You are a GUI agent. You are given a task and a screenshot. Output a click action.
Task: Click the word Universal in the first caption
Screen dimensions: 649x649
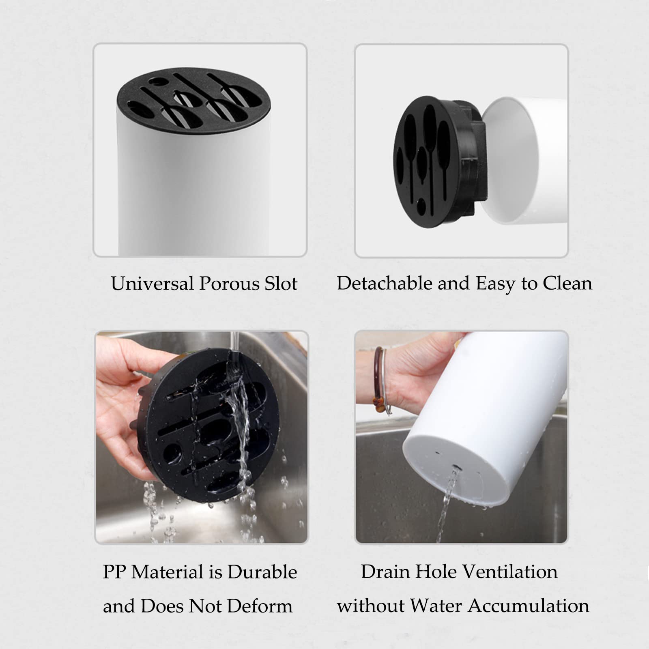click(152, 284)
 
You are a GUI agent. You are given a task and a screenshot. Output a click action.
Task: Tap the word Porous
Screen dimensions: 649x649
click(229, 284)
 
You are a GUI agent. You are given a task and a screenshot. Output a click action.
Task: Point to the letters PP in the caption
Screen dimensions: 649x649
click(115, 572)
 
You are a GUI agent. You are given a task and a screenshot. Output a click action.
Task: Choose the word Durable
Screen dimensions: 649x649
click(262, 572)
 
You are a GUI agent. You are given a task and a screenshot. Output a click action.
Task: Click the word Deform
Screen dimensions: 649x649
click(260, 606)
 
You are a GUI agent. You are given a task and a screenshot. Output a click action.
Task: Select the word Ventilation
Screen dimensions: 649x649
click(510, 572)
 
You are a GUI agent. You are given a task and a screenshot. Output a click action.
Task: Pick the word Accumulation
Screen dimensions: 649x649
click(529, 606)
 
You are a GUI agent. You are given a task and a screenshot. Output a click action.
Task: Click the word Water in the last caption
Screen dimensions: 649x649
click(436, 606)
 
